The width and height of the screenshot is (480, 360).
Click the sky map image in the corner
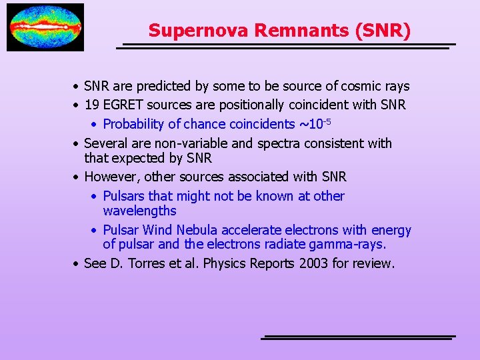pyautogui.click(x=45, y=27)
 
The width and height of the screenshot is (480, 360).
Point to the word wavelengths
pyautogui.click(x=139, y=211)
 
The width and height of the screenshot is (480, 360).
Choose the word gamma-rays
pyautogui.click(x=350, y=244)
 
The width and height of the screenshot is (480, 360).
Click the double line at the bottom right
pyautogui.click(x=358, y=337)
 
